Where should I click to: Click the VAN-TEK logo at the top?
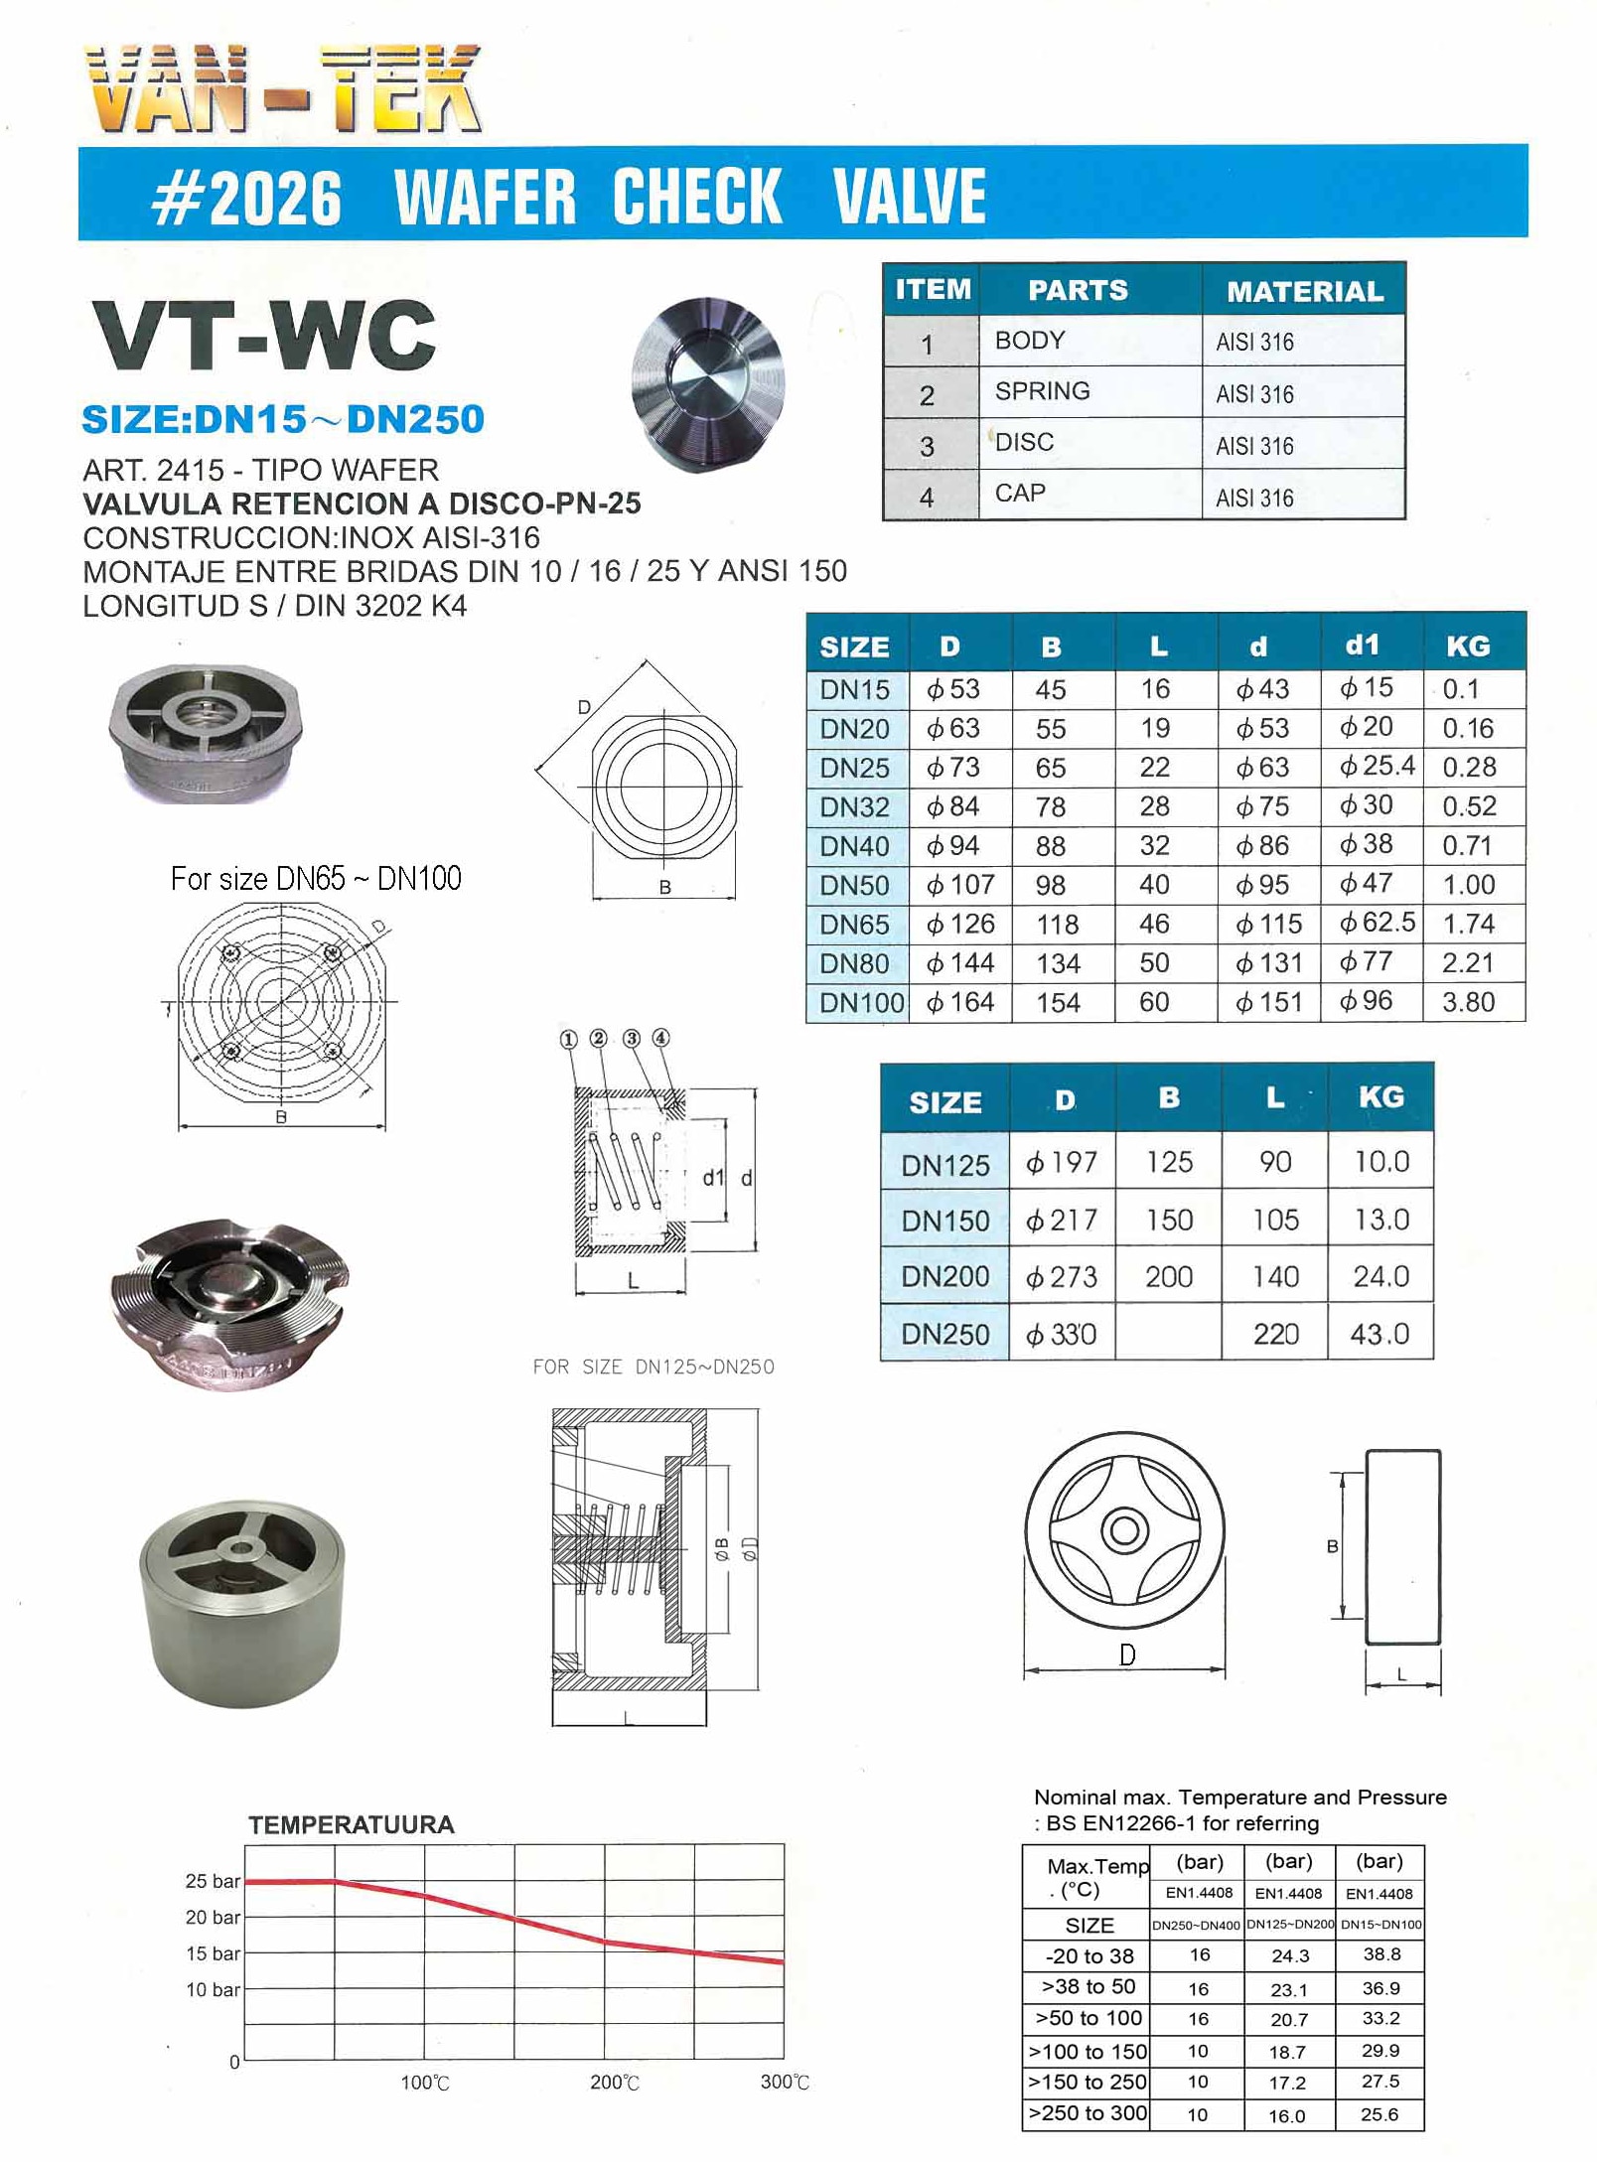(x=283, y=89)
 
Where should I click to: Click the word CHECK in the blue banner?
(x=696, y=196)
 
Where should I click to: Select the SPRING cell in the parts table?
(x=1042, y=391)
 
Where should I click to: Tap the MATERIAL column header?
(x=1304, y=291)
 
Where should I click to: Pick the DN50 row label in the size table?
(x=854, y=885)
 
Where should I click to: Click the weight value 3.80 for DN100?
(x=1468, y=1002)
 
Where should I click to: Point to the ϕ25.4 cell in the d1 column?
(x=1377, y=766)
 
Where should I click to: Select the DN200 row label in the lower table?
(x=944, y=1276)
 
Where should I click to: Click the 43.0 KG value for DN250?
(x=1379, y=1334)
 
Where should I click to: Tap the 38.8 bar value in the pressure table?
(x=1381, y=1954)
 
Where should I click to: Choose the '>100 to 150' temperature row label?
(x=1087, y=2052)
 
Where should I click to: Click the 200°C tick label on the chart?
(x=614, y=2083)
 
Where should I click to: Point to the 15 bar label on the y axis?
(x=213, y=1953)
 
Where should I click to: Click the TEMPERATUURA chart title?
(x=352, y=1824)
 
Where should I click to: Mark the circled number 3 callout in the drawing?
(x=631, y=1039)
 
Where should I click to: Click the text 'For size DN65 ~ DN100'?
(x=316, y=879)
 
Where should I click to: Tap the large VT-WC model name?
(x=264, y=335)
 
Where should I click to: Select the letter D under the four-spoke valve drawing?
(x=1126, y=1655)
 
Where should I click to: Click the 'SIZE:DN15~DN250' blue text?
(x=283, y=419)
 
